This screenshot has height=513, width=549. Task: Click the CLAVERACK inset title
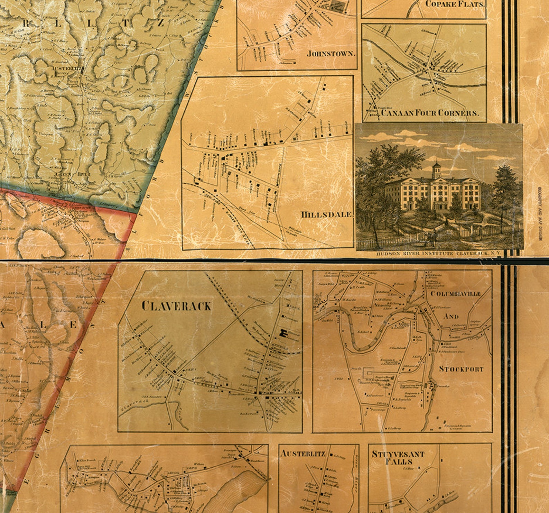pyautogui.click(x=176, y=306)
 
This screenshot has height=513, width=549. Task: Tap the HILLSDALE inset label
pyautogui.click(x=327, y=214)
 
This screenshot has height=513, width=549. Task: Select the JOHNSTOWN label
pyautogui.click(x=331, y=54)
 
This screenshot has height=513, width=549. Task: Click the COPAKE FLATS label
pyautogui.click(x=455, y=4)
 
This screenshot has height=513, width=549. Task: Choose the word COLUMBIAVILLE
pyautogui.click(x=456, y=294)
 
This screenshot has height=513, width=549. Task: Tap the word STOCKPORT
pyautogui.click(x=461, y=369)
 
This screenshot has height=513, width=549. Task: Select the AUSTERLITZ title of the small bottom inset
pyautogui.click(x=303, y=454)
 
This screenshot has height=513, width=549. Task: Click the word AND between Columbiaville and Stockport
pyautogui.click(x=451, y=316)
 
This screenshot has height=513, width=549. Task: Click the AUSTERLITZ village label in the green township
pyautogui.click(x=67, y=68)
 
